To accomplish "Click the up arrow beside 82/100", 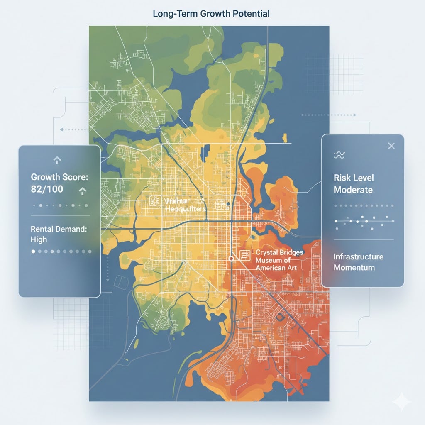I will pos(82,191).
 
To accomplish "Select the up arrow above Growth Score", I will pos(57,159).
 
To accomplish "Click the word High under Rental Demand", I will pos(39,239).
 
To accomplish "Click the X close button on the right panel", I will pos(391,146).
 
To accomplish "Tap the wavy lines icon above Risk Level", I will pos(339,155).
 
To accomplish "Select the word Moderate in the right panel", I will pos(353,190).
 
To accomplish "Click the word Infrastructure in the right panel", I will pos(358,256).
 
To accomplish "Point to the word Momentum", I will pos(354,268).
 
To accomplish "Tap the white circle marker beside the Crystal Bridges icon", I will pos(231,258).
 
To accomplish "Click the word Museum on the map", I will pos(270,260).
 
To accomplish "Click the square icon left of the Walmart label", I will pos(154,201).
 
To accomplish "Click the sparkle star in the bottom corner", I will pos(402,402).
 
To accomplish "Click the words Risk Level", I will pos(354,178).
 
